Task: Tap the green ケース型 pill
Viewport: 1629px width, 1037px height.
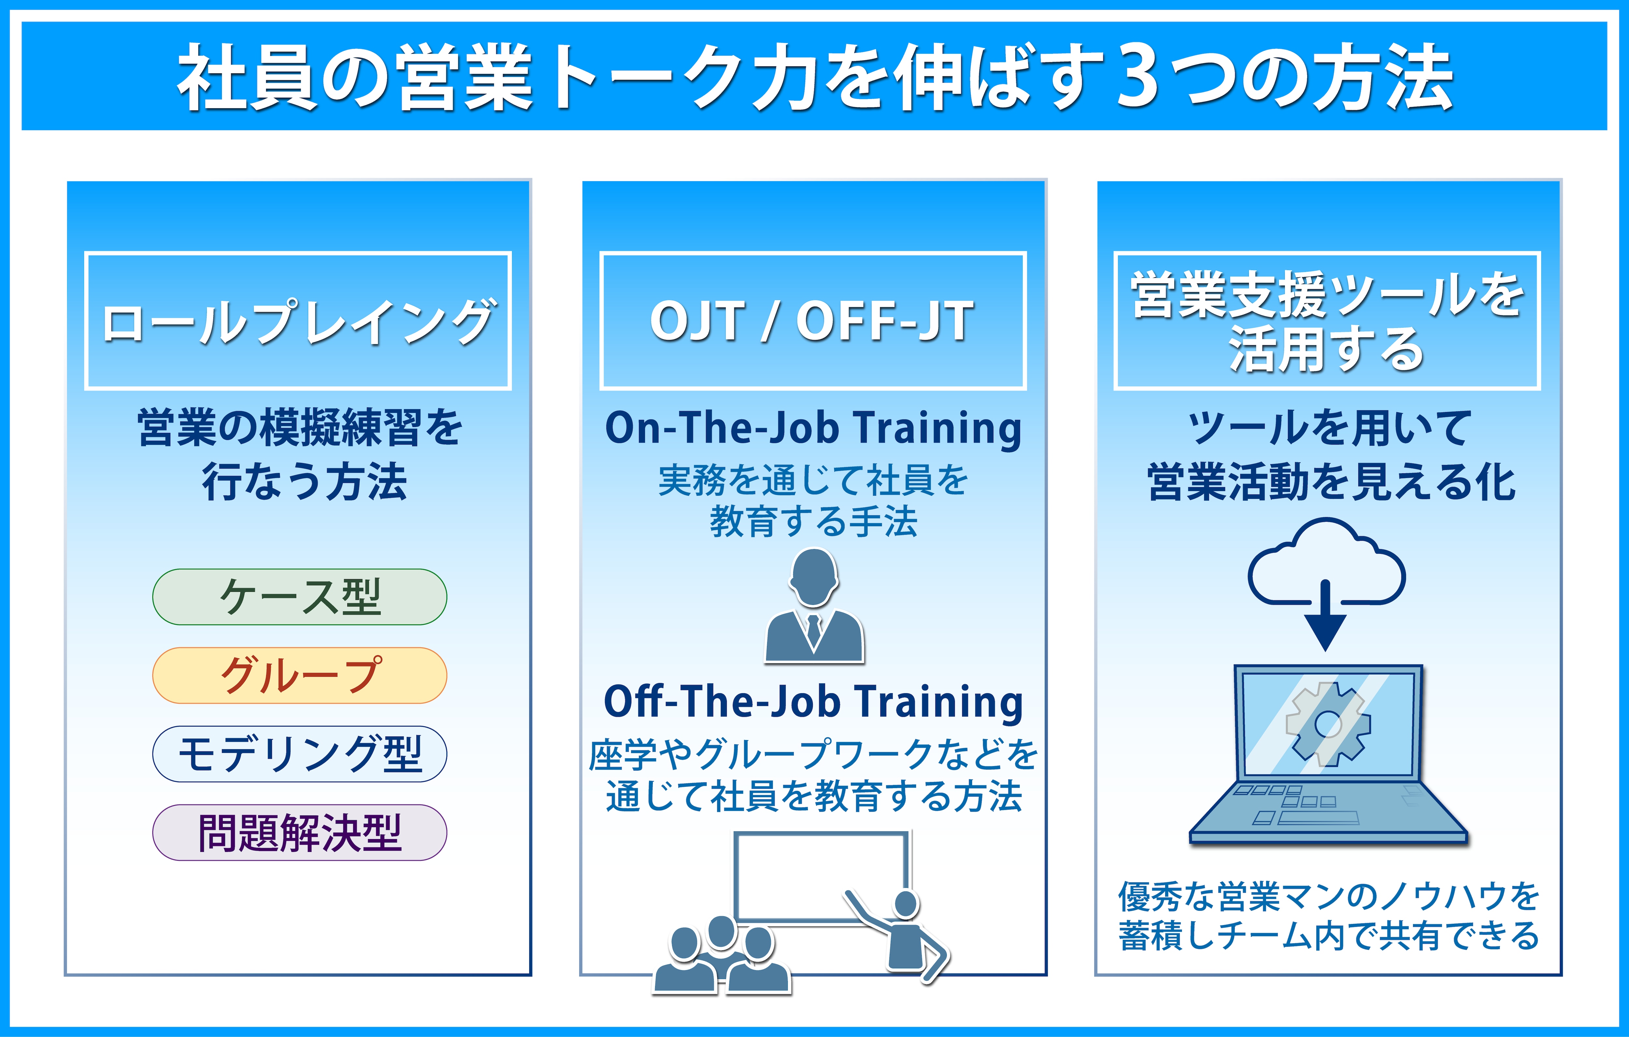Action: [x=300, y=597]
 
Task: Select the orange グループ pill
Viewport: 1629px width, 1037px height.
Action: [x=300, y=675]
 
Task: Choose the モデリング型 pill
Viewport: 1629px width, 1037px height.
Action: [x=300, y=754]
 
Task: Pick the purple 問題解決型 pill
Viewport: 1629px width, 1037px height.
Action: [x=300, y=832]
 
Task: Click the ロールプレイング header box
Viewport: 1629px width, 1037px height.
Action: [x=298, y=320]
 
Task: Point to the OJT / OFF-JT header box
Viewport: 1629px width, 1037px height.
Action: [x=813, y=320]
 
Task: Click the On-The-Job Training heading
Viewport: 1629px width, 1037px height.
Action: [x=813, y=429]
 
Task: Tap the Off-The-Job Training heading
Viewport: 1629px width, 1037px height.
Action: [x=813, y=702]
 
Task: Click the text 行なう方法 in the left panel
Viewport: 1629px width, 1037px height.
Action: [x=304, y=482]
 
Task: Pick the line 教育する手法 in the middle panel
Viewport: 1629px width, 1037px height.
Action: [x=813, y=521]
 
